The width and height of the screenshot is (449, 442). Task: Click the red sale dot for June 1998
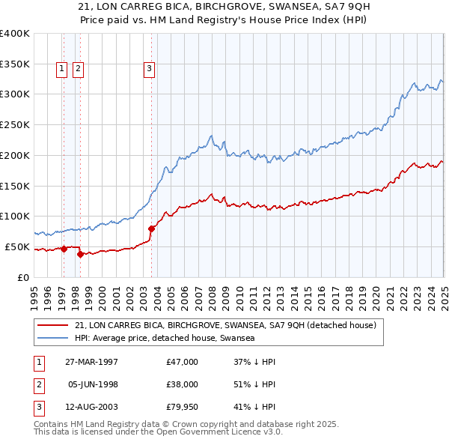tap(80, 254)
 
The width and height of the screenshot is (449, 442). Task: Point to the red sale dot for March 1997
tap(64, 249)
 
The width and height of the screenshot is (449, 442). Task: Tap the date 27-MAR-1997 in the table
tap(92, 362)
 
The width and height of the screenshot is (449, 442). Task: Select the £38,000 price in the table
tap(182, 385)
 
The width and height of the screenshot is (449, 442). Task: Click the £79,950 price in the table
tap(182, 408)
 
